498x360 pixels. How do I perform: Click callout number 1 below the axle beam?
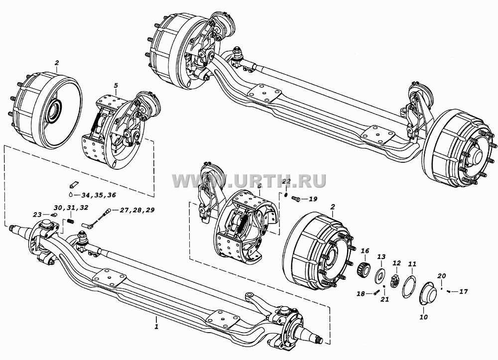(x=156, y=326)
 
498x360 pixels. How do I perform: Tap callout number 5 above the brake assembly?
(x=116, y=86)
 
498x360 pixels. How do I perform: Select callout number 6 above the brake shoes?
(x=259, y=186)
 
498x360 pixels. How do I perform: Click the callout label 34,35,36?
(x=99, y=195)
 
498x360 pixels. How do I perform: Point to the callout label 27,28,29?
(x=137, y=210)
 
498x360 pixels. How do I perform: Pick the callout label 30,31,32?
(x=71, y=208)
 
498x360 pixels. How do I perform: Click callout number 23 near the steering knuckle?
(x=37, y=215)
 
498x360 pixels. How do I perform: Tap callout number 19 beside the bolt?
(x=313, y=199)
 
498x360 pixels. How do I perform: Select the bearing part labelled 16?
(x=364, y=269)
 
